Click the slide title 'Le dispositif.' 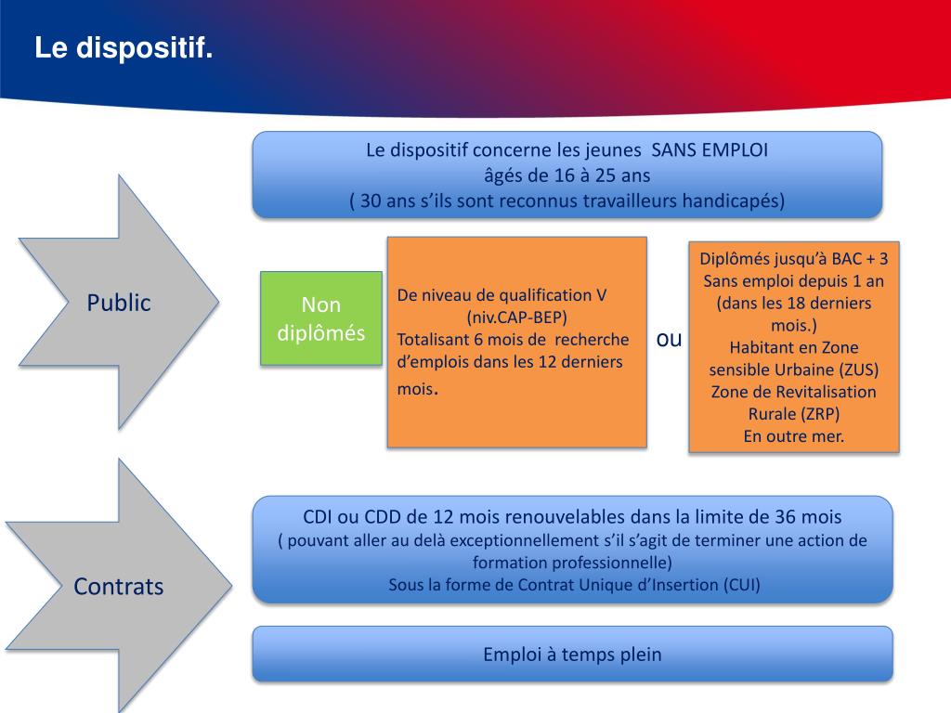tap(124, 48)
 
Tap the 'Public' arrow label tap(119, 303)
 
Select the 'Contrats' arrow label tap(119, 587)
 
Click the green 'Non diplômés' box tap(321, 318)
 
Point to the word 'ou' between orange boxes tap(669, 340)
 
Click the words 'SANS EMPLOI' tap(710, 150)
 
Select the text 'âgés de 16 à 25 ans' tap(567, 175)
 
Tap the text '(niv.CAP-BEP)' tap(516, 317)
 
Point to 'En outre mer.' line tap(794, 436)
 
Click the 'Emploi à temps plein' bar tap(572, 655)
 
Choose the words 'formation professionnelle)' tap(571, 563)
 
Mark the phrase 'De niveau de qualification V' tap(502, 295)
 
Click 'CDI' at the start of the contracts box tap(319, 517)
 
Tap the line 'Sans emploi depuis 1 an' tap(794, 280)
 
